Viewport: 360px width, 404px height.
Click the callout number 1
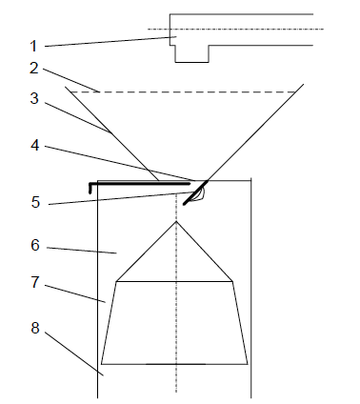pyautogui.click(x=33, y=47)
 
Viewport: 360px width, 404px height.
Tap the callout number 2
pyautogui.click(x=34, y=68)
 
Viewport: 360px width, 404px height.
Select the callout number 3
pyautogui.click(x=34, y=98)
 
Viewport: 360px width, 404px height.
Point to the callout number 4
pyautogui.click(x=35, y=145)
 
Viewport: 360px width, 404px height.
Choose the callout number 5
pyautogui.click(x=35, y=202)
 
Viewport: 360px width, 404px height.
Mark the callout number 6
pyautogui.click(x=35, y=245)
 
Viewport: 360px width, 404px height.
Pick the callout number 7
pyautogui.click(x=35, y=282)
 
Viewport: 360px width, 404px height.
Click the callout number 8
pyautogui.click(x=35, y=328)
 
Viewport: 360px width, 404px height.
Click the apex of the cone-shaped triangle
pyautogui.click(x=176, y=221)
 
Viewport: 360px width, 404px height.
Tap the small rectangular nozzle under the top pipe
pyautogui.click(x=191, y=53)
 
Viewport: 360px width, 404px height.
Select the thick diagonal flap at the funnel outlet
pyautogui.click(x=195, y=192)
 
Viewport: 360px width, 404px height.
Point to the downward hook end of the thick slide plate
pyautogui.click(x=90, y=189)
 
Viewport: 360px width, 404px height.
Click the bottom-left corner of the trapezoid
pyautogui.click(x=101, y=364)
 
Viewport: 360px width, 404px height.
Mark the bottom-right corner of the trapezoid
pyautogui.click(x=248, y=364)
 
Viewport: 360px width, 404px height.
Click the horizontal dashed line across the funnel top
pyautogui.click(x=183, y=92)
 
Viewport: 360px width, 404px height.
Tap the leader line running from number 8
pyautogui.click(x=74, y=354)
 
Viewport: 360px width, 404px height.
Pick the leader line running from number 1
pyautogui.click(x=110, y=42)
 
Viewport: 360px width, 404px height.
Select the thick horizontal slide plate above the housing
pyautogui.click(x=140, y=184)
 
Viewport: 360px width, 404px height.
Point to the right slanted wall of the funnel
pyautogui.click(x=255, y=132)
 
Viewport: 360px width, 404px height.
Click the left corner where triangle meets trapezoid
pyautogui.click(x=116, y=281)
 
